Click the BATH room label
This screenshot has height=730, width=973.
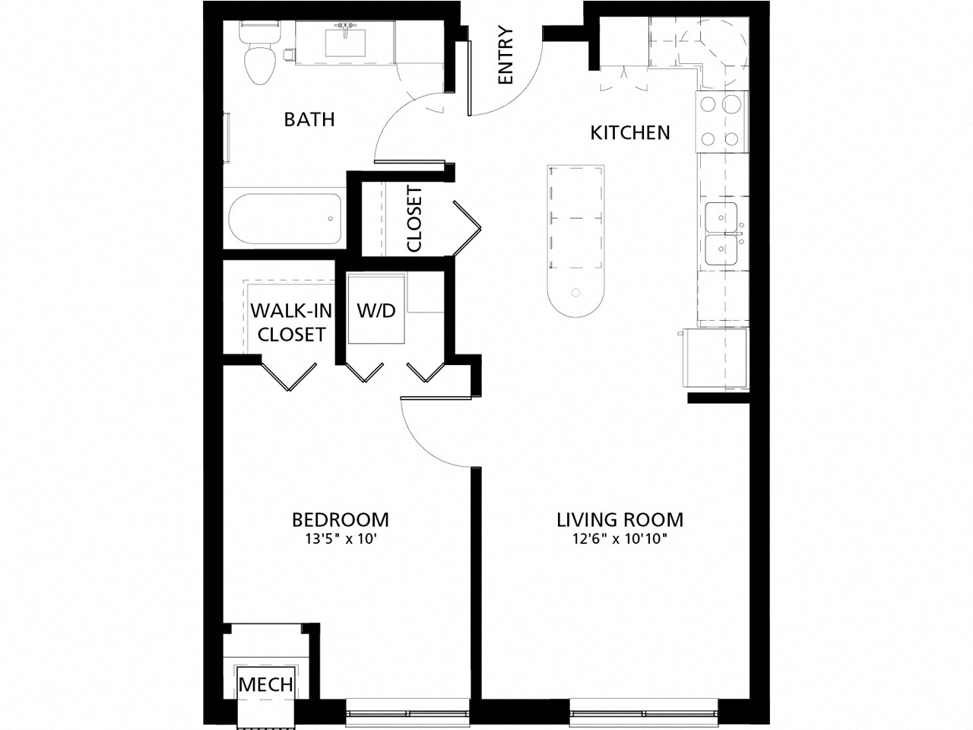pyautogui.click(x=309, y=119)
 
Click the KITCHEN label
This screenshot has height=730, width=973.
pyautogui.click(x=630, y=133)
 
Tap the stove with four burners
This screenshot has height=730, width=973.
pyautogui.click(x=721, y=121)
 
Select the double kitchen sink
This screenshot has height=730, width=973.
pyautogui.click(x=721, y=233)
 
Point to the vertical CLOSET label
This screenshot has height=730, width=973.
pyautogui.click(x=414, y=219)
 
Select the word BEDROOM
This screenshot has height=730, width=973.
pyautogui.click(x=341, y=519)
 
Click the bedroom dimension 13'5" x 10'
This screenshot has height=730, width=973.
pyautogui.click(x=341, y=540)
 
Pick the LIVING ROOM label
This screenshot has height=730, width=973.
pyautogui.click(x=620, y=519)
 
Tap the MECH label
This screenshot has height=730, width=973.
pyautogui.click(x=265, y=684)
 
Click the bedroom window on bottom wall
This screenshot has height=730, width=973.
pyautogui.click(x=407, y=713)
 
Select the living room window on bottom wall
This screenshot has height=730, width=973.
pyautogui.click(x=643, y=713)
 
